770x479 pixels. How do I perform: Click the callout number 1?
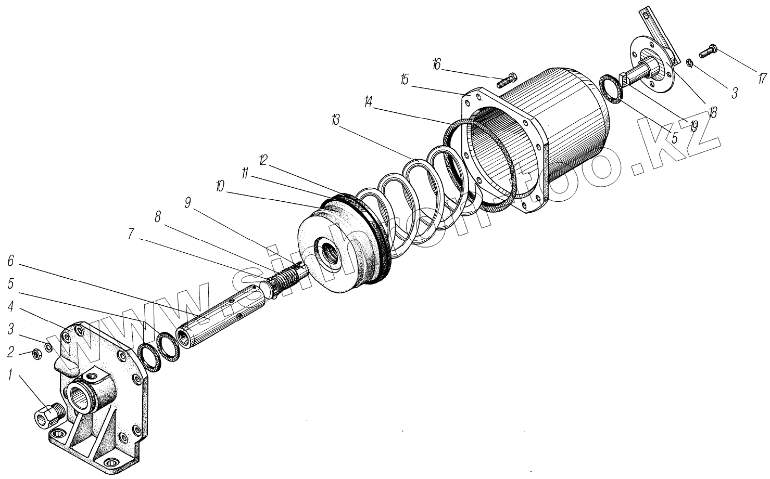click(x=9, y=374)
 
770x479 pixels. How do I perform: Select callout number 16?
click(x=436, y=64)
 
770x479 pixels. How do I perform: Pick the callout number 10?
click(x=220, y=186)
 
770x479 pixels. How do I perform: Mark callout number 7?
click(x=133, y=235)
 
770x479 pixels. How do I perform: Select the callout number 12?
click(x=263, y=160)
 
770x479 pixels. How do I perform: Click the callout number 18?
click(x=712, y=111)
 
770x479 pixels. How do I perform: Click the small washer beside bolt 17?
click(x=689, y=63)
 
